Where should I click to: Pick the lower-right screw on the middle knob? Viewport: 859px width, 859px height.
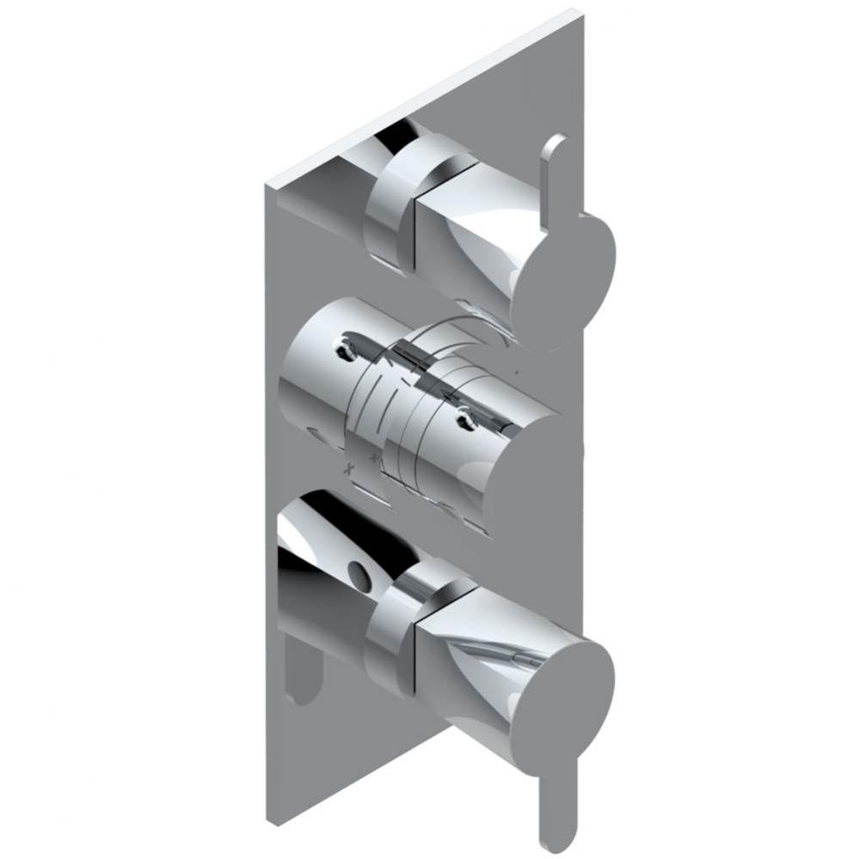467,419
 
